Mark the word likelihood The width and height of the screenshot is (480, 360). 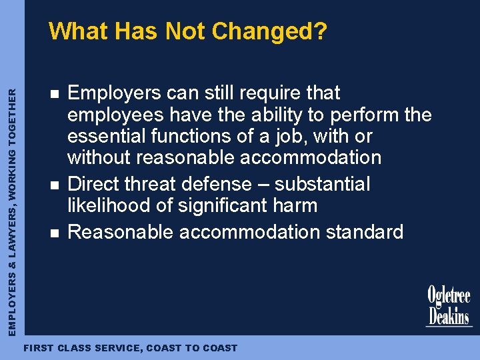(x=109, y=206)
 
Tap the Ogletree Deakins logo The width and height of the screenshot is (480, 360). (x=449, y=307)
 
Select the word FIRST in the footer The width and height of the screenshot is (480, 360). (x=38, y=348)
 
